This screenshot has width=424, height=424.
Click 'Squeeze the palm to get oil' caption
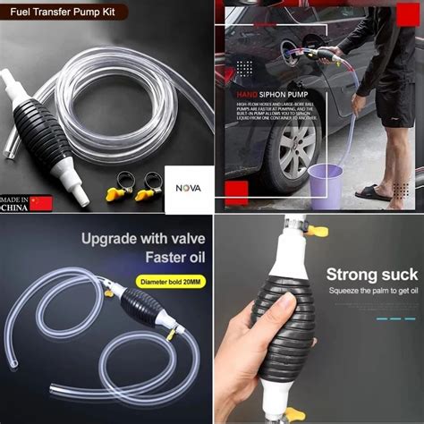point(373,292)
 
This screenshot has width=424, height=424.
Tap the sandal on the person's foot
point(373,192)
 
